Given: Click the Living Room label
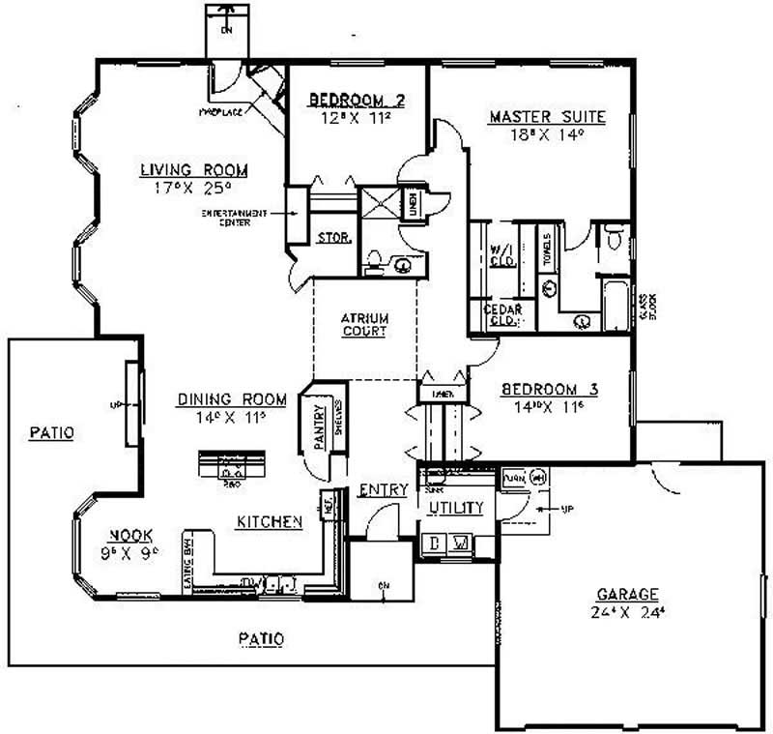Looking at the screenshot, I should click(193, 170).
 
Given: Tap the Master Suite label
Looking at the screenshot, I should click(547, 117).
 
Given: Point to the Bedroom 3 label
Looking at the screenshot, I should click(550, 390).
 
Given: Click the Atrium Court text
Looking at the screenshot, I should click(364, 324).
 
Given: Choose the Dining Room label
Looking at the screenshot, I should click(232, 398).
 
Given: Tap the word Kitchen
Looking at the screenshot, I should click(270, 521).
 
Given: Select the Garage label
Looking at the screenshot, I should click(626, 594).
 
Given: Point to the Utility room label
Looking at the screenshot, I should click(455, 507).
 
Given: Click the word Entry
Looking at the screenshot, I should click(383, 490).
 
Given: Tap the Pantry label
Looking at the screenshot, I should click(320, 426).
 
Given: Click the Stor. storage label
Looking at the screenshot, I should click(333, 237).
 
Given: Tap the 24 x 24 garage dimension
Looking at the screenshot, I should click(626, 612).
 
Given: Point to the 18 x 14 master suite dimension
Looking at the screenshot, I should click(547, 135).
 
